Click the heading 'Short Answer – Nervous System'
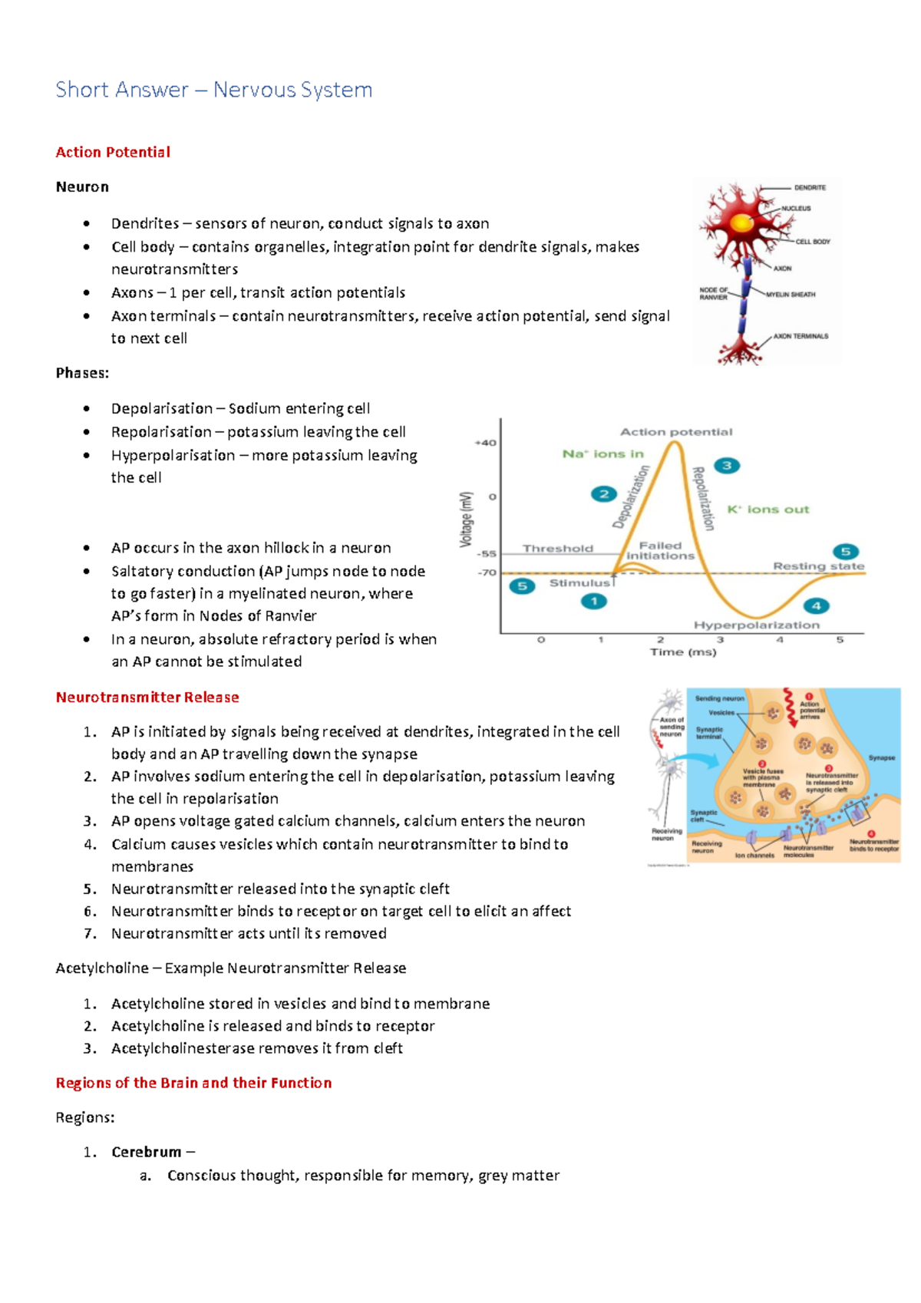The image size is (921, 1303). click(x=214, y=90)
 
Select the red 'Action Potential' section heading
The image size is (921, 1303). click(x=113, y=152)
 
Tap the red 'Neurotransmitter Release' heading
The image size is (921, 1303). click(x=147, y=697)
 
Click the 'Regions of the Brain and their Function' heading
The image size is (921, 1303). click(x=193, y=1083)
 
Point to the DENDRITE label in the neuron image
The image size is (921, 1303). click(x=810, y=187)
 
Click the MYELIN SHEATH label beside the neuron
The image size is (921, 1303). click(x=791, y=295)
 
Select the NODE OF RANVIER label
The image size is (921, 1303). click(x=713, y=294)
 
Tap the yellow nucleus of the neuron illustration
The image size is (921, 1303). click(x=741, y=223)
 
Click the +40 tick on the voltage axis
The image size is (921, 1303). click(x=485, y=443)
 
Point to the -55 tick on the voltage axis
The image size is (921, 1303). click(x=487, y=553)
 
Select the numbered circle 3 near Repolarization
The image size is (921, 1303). click(x=726, y=466)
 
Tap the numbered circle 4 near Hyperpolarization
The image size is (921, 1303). click(x=816, y=605)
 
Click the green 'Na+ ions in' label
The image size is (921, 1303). click(x=602, y=454)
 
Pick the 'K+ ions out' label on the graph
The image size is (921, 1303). click(x=767, y=510)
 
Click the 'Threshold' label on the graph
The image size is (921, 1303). click(x=558, y=549)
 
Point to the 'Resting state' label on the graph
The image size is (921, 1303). click(x=818, y=566)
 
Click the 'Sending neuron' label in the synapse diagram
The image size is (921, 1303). click(x=719, y=698)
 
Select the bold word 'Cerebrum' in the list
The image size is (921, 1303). click(x=146, y=1152)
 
